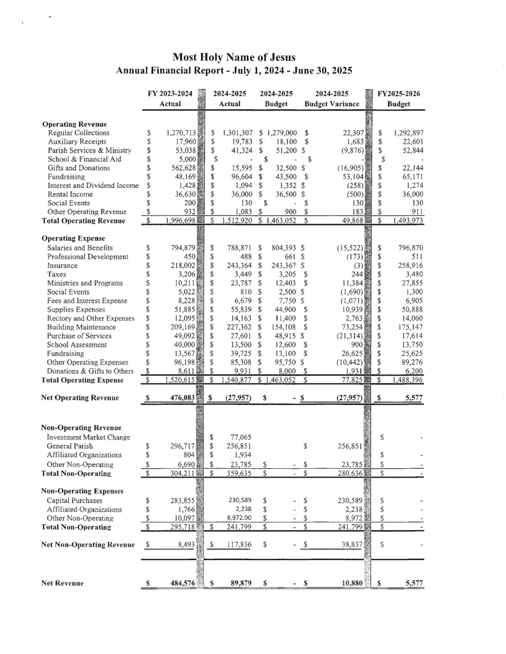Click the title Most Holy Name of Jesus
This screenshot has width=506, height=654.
(234, 58)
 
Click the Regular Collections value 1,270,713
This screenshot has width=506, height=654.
(180, 132)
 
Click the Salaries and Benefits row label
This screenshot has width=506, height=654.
(80, 247)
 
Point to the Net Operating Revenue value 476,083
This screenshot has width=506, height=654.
(181, 398)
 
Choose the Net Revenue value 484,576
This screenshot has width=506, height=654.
(181, 583)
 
